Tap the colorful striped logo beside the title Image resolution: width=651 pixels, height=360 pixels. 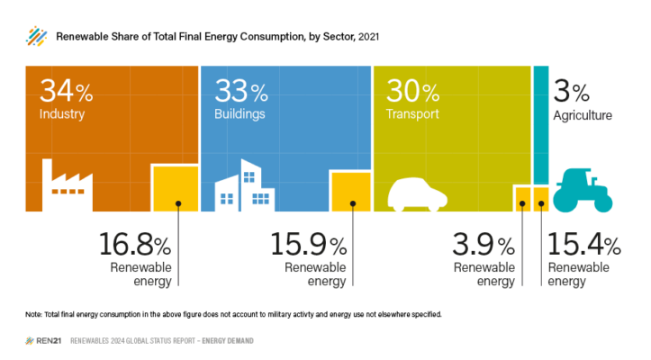[36, 36]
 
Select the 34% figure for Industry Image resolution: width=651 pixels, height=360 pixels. [66, 92]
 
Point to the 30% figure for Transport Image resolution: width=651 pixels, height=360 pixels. [412, 91]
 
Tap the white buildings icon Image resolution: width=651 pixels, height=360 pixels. [244, 185]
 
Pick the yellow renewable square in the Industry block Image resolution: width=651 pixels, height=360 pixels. [175, 188]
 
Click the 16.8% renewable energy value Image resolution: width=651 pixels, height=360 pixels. [134, 246]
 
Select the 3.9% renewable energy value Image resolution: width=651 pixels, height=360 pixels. [485, 246]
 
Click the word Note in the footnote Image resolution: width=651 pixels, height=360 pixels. [35, 314]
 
